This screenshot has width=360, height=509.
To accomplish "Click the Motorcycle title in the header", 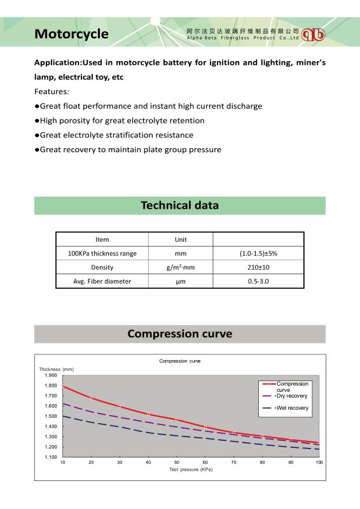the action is [71, 34].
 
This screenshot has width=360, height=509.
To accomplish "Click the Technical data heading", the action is [180, 205].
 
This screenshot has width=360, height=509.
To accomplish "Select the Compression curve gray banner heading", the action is [180, 333].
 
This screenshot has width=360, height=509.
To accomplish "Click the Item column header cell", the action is [102, 240].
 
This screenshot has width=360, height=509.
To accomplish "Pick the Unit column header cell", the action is [181, 240].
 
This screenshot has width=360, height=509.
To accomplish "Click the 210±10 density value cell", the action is [258, 267].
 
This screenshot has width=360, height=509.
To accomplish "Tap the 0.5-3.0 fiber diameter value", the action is [258, 281].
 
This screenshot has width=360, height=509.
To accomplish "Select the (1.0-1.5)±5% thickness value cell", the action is [258, 253].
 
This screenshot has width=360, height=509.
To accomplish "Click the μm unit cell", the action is [181, 281].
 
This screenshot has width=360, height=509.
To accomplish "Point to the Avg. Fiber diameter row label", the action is [102, 281].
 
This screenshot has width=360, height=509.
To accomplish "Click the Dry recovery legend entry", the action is [286, 396].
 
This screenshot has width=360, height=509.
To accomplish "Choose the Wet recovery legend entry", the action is [286, 408].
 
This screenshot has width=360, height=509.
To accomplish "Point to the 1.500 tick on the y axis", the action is [51, 416].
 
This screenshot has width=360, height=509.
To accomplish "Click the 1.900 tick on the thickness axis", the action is [51, 375].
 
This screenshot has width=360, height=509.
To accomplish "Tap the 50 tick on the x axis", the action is [177, 463].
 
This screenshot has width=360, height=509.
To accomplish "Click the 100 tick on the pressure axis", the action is [319, 463].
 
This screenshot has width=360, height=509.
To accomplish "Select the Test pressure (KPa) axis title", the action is [191, 470].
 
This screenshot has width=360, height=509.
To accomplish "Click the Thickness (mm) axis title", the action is [57, 369].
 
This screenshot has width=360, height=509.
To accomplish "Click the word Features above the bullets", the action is [52, 92].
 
